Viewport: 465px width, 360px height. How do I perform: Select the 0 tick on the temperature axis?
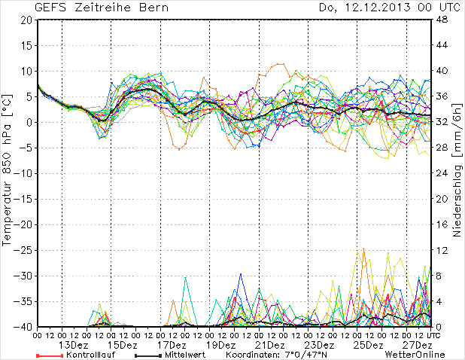click(x=29, y=122)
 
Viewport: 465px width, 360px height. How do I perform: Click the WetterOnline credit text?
click(x=415, y=355)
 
